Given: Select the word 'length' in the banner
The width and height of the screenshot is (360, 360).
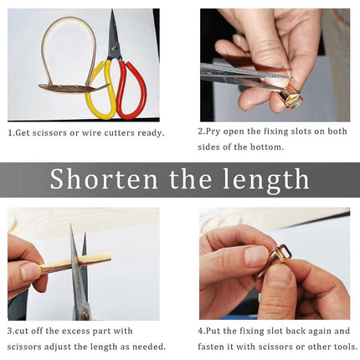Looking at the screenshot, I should point(266,179).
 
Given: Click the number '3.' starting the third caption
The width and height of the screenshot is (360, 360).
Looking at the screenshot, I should point(12,331).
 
